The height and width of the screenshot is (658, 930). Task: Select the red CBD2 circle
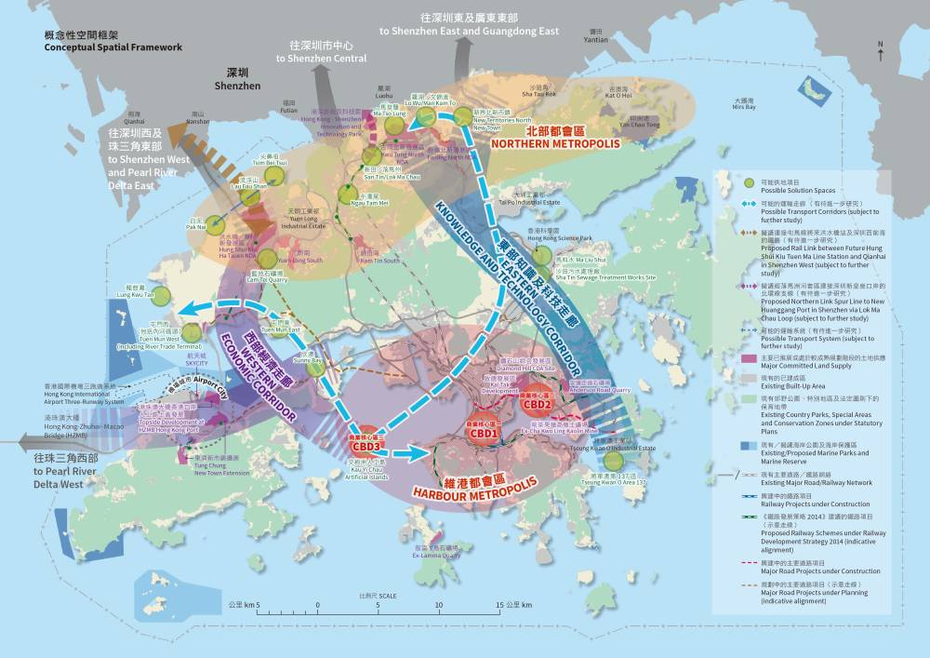538,402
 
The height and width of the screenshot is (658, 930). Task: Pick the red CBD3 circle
367,444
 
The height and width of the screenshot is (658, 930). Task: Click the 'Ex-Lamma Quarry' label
437,556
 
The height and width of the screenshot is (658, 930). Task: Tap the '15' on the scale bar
499,605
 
